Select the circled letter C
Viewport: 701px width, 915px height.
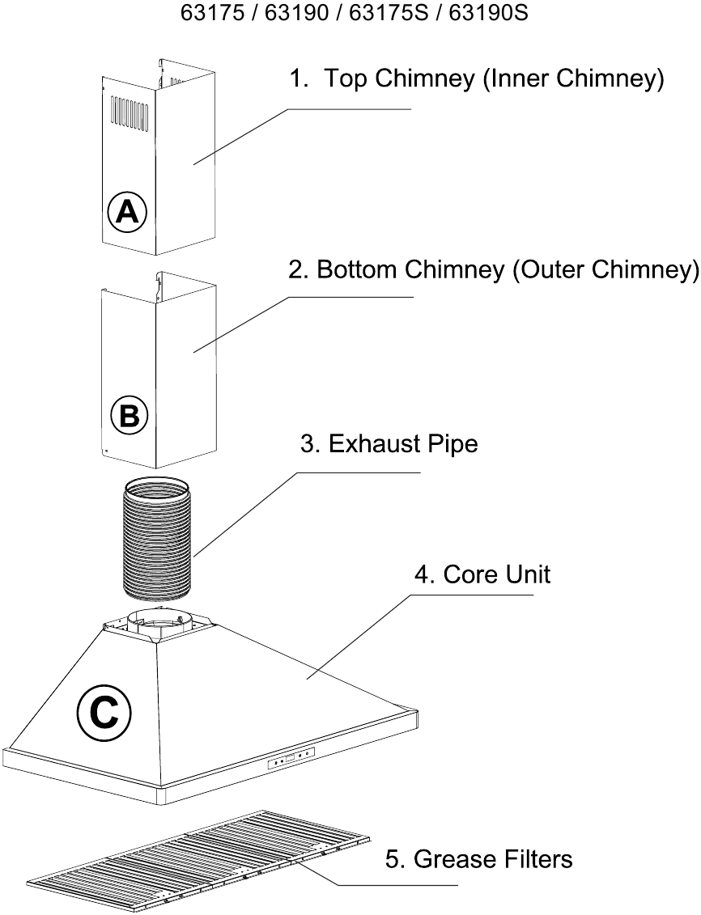click(x=104, y=712)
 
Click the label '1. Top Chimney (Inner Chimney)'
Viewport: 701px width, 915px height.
click(x=477, y=78)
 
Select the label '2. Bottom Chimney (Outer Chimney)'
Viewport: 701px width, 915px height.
click(x=493, y=269)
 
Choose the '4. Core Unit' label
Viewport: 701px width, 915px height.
click(x=482, y=574)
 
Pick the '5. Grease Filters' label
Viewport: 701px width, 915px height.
click(x=478, y=859)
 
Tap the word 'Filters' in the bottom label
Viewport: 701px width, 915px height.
click(x=533, y=859)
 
